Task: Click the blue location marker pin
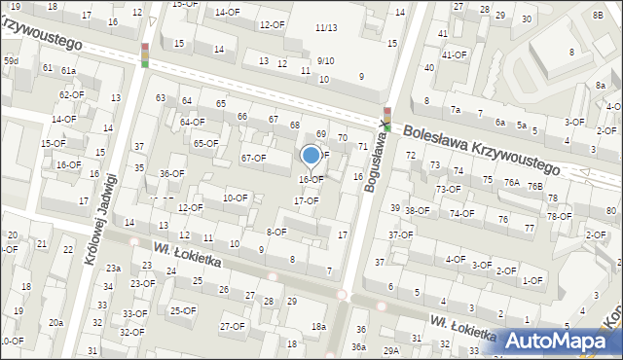311,157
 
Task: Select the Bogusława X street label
376,162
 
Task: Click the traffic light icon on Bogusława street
386,118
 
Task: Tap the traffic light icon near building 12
144,54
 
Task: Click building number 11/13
326,27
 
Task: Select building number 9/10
325,60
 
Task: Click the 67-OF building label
253,158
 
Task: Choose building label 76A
511,182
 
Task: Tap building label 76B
534,186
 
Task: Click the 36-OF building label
171,173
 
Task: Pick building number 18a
317,326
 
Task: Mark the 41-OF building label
455,54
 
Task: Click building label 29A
390,350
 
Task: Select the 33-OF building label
135,313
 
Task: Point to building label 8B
597,16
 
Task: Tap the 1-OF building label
532,280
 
